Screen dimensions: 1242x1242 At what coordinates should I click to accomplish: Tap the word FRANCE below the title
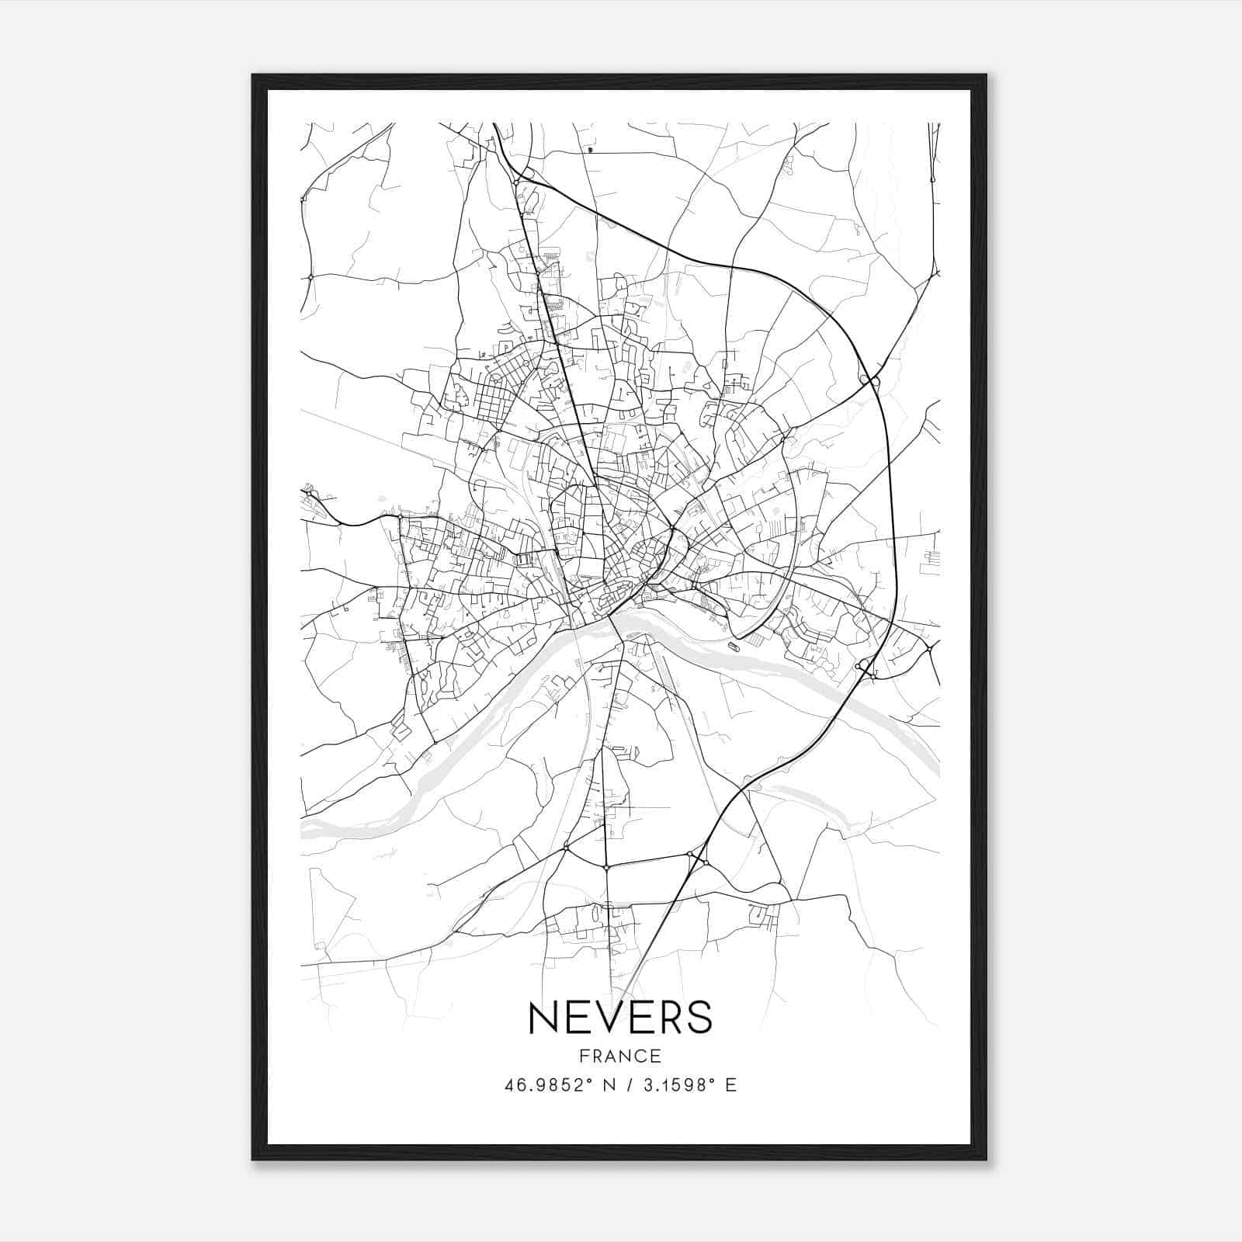click(620, 1056)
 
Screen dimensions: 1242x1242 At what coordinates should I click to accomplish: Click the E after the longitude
click(730, 1085)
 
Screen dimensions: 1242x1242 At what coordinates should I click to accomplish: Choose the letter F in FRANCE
click(583, 1056)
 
